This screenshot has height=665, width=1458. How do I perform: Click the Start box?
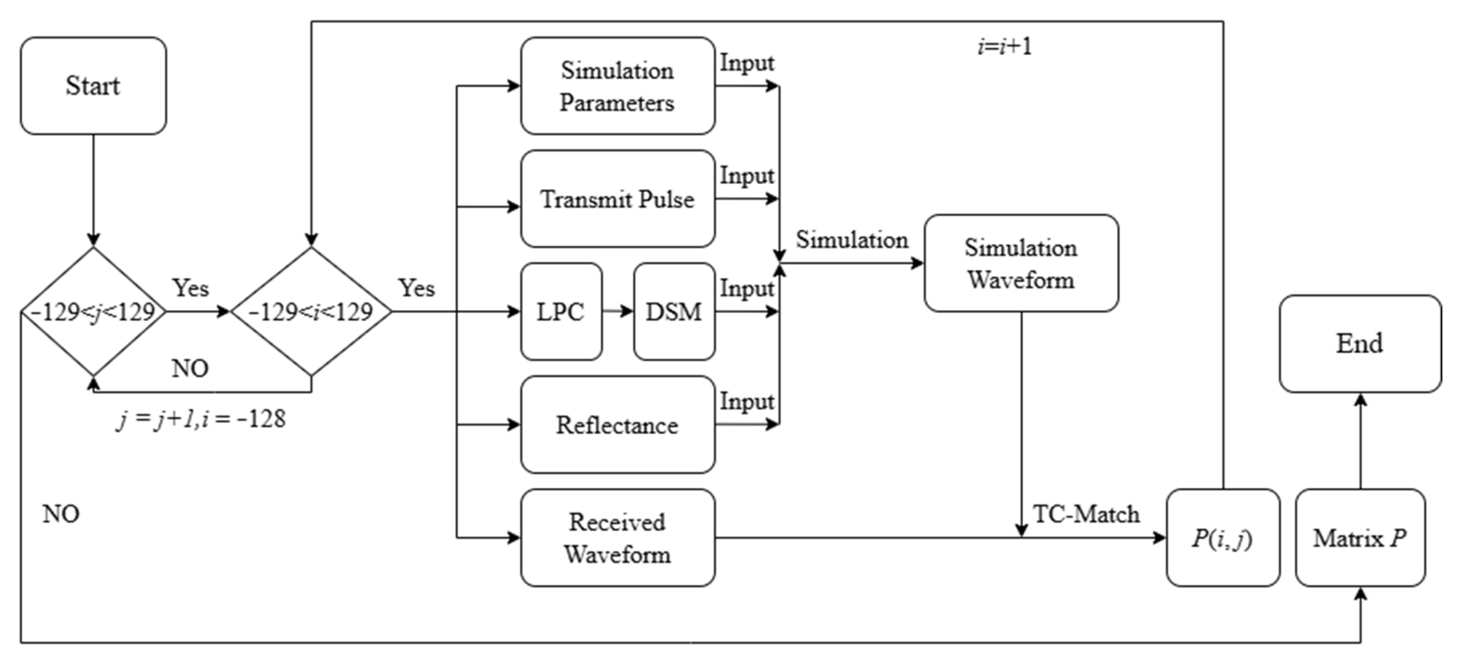[x=93, y=86]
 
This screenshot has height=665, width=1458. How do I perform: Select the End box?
[x=1360, y=343]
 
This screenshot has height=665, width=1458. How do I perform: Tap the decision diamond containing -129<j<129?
[x=93, y=311]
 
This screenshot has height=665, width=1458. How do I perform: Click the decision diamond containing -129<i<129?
[x=311, y=311]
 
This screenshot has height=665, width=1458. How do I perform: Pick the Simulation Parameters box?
[x=618, y=86]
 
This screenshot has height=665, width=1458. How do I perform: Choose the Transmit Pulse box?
[x=618, y=198]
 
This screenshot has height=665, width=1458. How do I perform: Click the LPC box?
[x=561, y=311]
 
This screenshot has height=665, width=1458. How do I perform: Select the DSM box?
[x=674, y=311]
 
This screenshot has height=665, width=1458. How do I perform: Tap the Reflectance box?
[x=618, y=425]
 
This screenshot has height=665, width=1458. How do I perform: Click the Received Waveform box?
[x=618, y=538]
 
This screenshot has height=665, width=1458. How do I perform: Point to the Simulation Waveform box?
[x=1021, y=263]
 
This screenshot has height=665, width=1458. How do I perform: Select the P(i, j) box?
[x=1222, y=538]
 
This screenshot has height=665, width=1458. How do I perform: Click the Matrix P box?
[x=1360, y=538]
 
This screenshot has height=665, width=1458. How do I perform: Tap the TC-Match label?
[x=1086, y=514]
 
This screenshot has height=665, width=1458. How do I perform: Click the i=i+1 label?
[x=1004, y=46]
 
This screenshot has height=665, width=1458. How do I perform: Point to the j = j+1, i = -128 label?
[x=201, y=419]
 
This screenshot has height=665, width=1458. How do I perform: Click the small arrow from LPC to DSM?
[x=618, y=311]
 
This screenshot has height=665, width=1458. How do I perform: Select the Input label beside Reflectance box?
[x=747, y=401]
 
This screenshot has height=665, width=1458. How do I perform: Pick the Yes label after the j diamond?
[x=190, y=288]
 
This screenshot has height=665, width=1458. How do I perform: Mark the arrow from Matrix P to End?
[x=1360, y=441]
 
